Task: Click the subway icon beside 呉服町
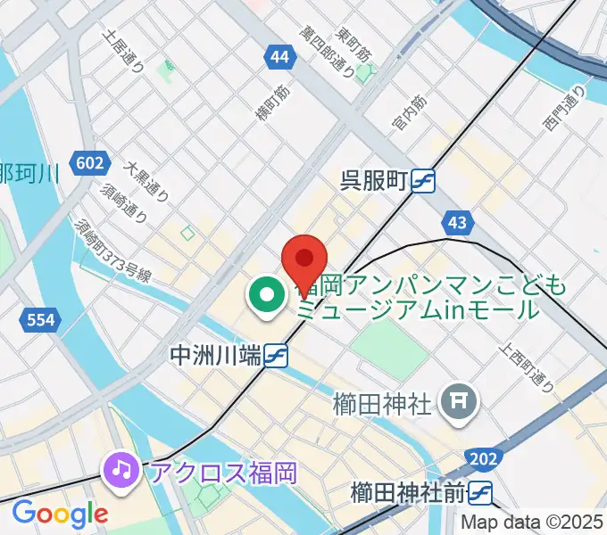(x=423, y=181)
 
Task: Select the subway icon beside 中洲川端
(x=275, y=356)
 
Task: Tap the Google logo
(x=60, y=514)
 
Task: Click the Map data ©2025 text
(x=531, y=522)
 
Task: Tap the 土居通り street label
(x=123, y=53)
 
